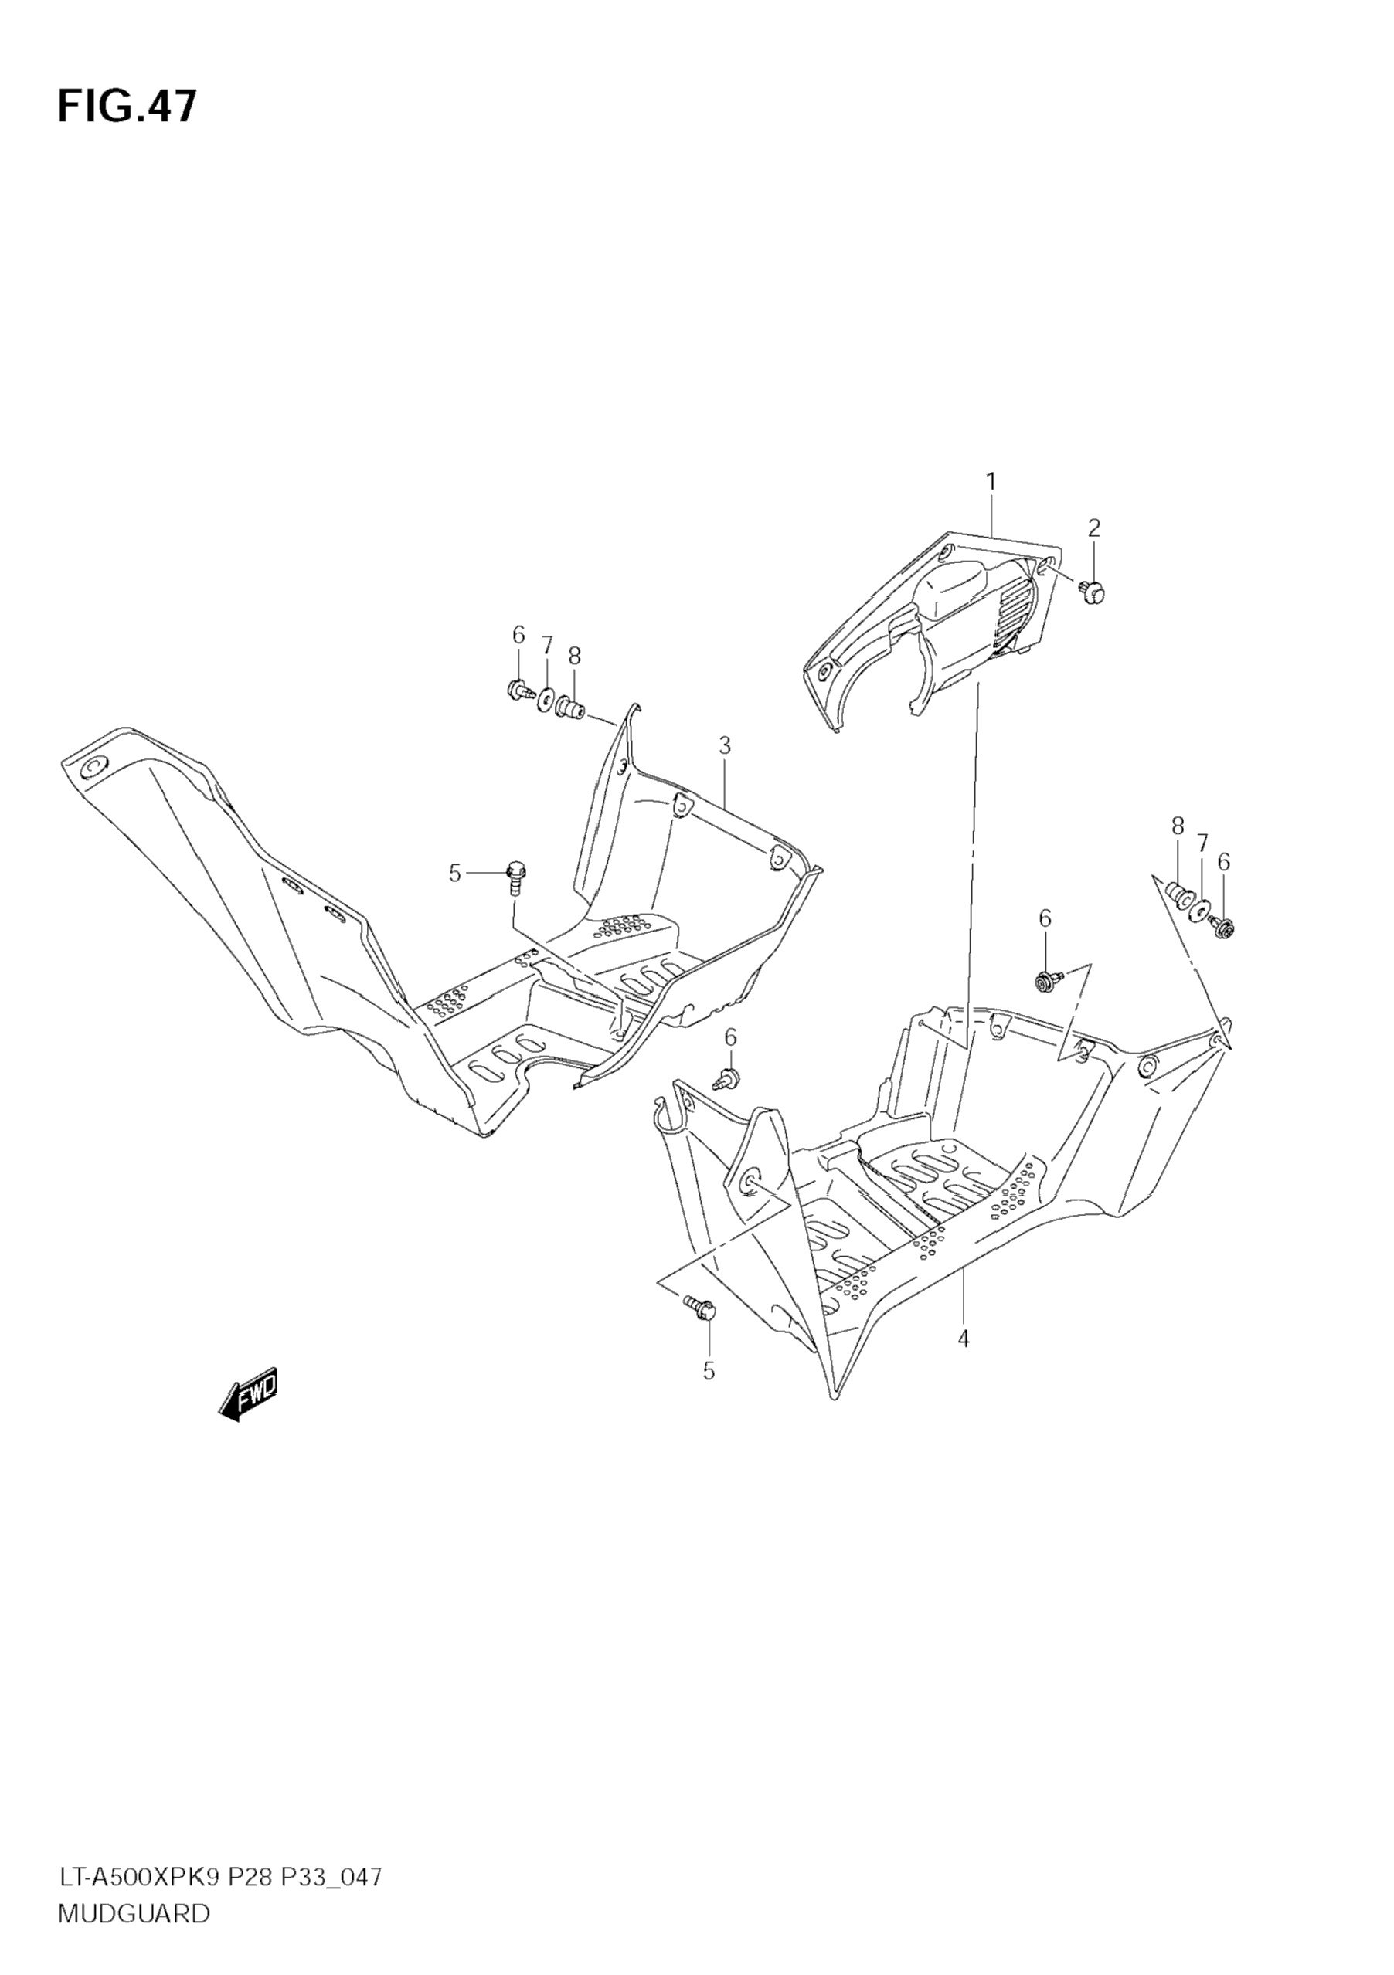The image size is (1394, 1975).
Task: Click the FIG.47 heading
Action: (127, 107)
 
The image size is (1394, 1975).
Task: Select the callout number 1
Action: (991, 482)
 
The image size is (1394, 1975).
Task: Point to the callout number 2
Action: (1093, 528)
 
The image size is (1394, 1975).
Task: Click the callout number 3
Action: (725, 747)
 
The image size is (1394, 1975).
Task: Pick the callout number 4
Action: (963, 1339)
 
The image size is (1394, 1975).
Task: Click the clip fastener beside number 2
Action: (1093, 592)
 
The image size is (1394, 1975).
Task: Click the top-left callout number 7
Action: (546, 645)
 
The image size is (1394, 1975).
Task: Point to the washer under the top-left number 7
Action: (546, 698)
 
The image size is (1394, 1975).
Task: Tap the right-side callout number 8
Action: (1176, 826)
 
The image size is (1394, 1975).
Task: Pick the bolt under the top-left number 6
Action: (518, 689)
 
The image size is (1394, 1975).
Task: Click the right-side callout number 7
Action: (1202, 842)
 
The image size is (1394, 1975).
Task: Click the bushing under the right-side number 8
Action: (1177, 895)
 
